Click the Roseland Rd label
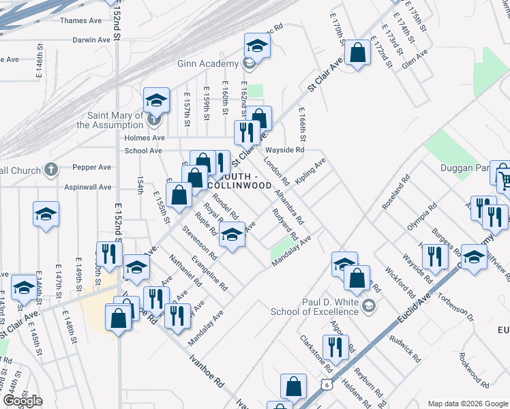396,190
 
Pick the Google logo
22,401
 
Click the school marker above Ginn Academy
257,46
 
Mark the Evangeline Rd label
209,273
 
